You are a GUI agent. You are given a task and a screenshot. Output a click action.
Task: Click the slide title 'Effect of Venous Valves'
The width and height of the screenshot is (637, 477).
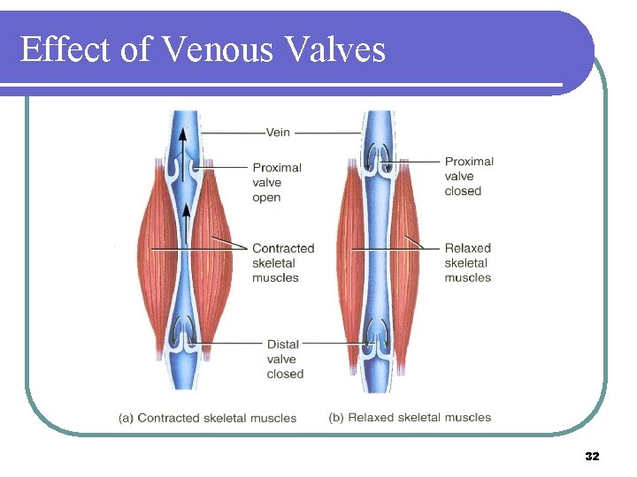[x=203, y=49]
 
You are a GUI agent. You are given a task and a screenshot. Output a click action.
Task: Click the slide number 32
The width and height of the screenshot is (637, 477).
[x=592, y=457]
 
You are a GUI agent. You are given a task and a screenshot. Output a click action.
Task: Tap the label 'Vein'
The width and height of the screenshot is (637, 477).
[x=277, y=132]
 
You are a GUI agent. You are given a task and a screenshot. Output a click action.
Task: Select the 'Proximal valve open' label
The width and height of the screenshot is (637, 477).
[x=276, y=182]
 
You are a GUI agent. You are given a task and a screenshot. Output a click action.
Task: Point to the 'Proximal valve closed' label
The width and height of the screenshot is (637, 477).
[x=469, y=176]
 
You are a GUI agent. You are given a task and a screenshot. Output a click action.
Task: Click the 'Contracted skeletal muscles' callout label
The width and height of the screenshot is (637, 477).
[x=282, y=262]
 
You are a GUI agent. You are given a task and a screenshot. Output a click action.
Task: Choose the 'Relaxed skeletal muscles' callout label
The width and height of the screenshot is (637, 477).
[x=467, y=262]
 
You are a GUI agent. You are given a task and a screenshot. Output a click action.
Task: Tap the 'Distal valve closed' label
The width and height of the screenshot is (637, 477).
[x=285, y=359]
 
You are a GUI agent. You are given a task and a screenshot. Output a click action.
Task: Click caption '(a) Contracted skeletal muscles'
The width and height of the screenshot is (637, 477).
[x=208, y=418]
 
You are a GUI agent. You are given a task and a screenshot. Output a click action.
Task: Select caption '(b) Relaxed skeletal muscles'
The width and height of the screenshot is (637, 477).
[x=410, y=417]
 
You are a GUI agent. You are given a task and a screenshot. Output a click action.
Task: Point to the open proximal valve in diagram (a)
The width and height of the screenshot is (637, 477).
[x=185, y=167]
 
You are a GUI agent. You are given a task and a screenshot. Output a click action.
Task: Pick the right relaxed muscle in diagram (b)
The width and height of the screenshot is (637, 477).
[x=405, y=256]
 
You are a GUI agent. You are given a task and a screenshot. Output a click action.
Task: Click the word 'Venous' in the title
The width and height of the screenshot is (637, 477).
[x=216, y=49]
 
